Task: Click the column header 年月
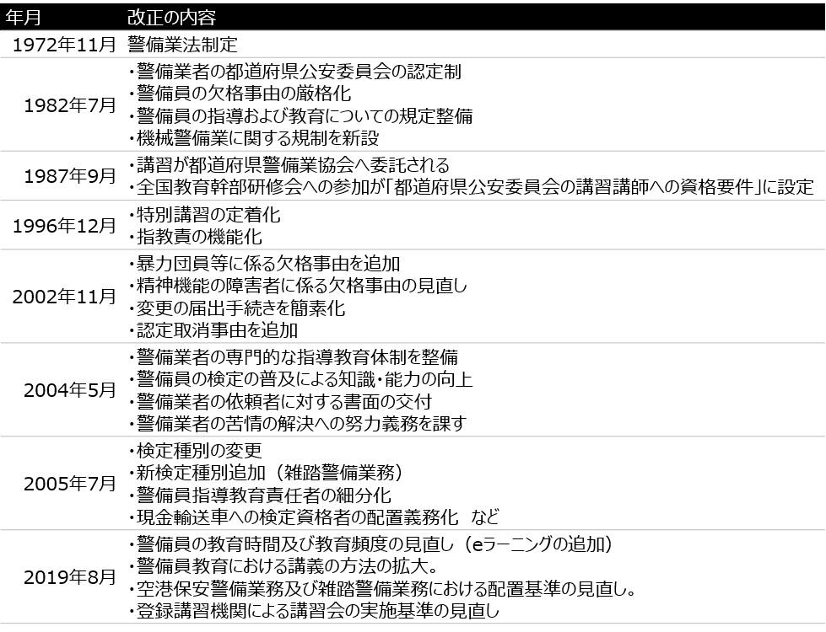23,18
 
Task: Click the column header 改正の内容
172,18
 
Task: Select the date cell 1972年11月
64,45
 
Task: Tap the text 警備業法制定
183,45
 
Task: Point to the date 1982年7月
69,105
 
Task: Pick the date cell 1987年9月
69,176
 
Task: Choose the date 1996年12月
64,225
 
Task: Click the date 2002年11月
64,297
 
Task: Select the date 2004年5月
69,390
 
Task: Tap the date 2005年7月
69,483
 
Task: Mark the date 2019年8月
69,576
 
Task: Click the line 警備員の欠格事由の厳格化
240,94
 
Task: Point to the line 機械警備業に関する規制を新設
254,138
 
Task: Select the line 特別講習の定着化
205,215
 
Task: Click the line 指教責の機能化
196,237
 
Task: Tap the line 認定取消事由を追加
213,330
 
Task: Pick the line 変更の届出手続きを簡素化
237,308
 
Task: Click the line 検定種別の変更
196,451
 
